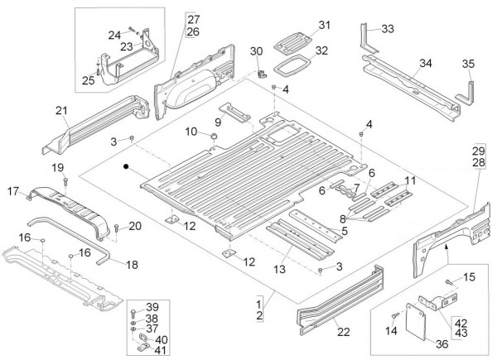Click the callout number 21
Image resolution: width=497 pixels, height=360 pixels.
click(60, 111)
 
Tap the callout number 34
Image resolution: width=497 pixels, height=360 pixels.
click(425, 62)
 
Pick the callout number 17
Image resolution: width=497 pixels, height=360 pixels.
click(13, 191)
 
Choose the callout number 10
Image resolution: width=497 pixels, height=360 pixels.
click(191, 132)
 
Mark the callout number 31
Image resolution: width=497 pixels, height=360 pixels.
click(324, 24)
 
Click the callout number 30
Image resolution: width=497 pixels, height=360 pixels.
click(256, 51)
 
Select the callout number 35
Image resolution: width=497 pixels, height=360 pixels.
click(468, 63)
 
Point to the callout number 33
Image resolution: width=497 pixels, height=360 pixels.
click(388, 29)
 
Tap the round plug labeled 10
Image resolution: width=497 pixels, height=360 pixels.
click(213, 133)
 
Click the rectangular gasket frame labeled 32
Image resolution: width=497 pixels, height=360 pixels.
click(293, 63)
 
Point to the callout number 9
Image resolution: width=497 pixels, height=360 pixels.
click(218, 122)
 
